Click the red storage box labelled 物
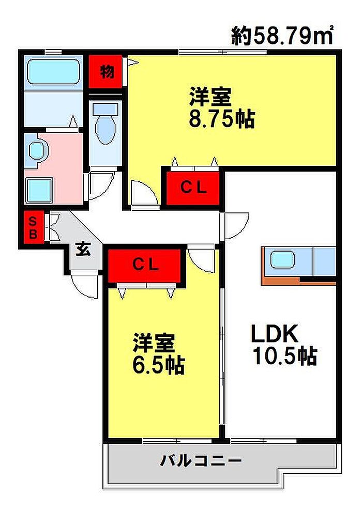tap(105, 71)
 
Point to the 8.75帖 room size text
tap(222, 119)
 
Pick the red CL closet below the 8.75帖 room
tap(193, 188)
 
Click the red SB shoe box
tap(33, 228)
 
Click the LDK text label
tap(274, 333)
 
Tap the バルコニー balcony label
tap(201, 461)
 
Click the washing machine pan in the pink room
tap(39, 190)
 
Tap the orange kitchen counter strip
tap(281, 280)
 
